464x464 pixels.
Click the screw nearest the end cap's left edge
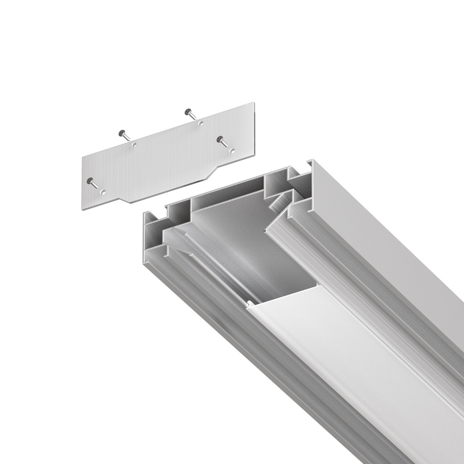(91, 182)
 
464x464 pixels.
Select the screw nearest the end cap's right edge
(222, 139)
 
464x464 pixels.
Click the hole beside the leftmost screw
(103, 191)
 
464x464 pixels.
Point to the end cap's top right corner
(253, 103)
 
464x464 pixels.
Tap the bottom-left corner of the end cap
(84, 208)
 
